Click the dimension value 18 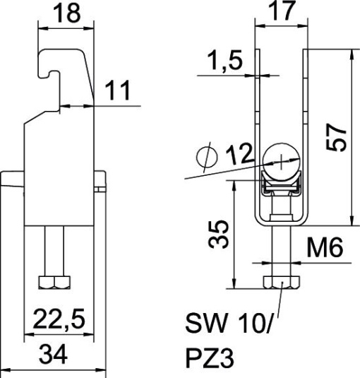click(x=66, y=14)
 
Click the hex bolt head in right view click(x=281, y=284)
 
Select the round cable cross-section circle click(x=281, y=160)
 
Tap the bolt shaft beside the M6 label click(x=281, y=251)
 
